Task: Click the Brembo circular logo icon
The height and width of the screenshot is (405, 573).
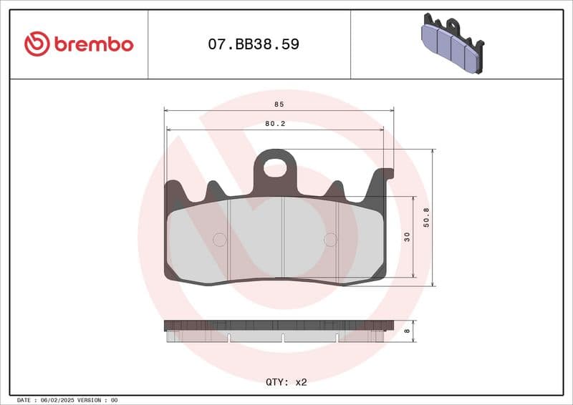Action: [x=37, y=44]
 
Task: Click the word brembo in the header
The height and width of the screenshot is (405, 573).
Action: [x=92, y=44]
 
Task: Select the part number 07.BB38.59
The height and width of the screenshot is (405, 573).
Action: [x=254, y=44]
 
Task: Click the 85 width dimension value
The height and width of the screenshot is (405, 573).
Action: [x=279, y=104]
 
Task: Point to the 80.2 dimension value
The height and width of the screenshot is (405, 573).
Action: [x=275, y=123]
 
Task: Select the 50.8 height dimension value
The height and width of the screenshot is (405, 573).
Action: [x=427, y=218]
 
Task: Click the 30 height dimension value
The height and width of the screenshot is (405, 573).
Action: [x=408, y=237]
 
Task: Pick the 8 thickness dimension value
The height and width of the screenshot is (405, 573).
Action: [x=408, y=331]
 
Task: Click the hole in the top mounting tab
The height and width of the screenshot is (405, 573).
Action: [x=275, y=168]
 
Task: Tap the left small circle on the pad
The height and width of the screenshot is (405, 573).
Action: [x=220, y=240]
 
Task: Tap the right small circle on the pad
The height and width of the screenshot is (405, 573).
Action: [x=330, y=240]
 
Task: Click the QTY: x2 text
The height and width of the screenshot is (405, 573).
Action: [x=286, y=382]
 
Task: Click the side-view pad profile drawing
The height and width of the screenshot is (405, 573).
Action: [x=279, y=331]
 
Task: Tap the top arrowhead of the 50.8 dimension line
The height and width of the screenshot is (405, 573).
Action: [x=433, y=152]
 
